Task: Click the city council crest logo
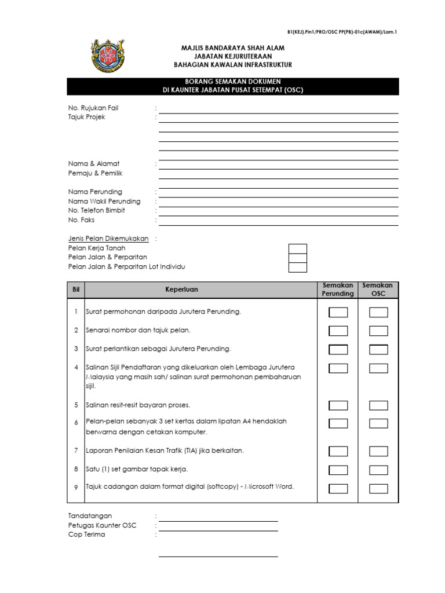tap(108, 57)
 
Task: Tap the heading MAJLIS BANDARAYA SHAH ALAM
tap(233, 48)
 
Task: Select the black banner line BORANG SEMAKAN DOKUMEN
tap(233, 82)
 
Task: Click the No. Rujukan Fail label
tap(93, 108)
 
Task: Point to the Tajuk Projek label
tap(87, 117)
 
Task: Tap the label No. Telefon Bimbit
tap(97, 211)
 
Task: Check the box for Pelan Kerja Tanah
tap(298, 248)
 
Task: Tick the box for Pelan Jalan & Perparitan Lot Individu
tap(298, 267)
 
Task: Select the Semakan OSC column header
tap(377, 290)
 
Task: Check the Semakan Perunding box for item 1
tap(338, 313)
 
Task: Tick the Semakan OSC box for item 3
tap(378, 349)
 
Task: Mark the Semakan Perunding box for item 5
tap(338, 405)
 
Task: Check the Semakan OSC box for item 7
tap(378, 451)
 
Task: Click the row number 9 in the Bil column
tap(76, 488)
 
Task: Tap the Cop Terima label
tap(87, 535)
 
